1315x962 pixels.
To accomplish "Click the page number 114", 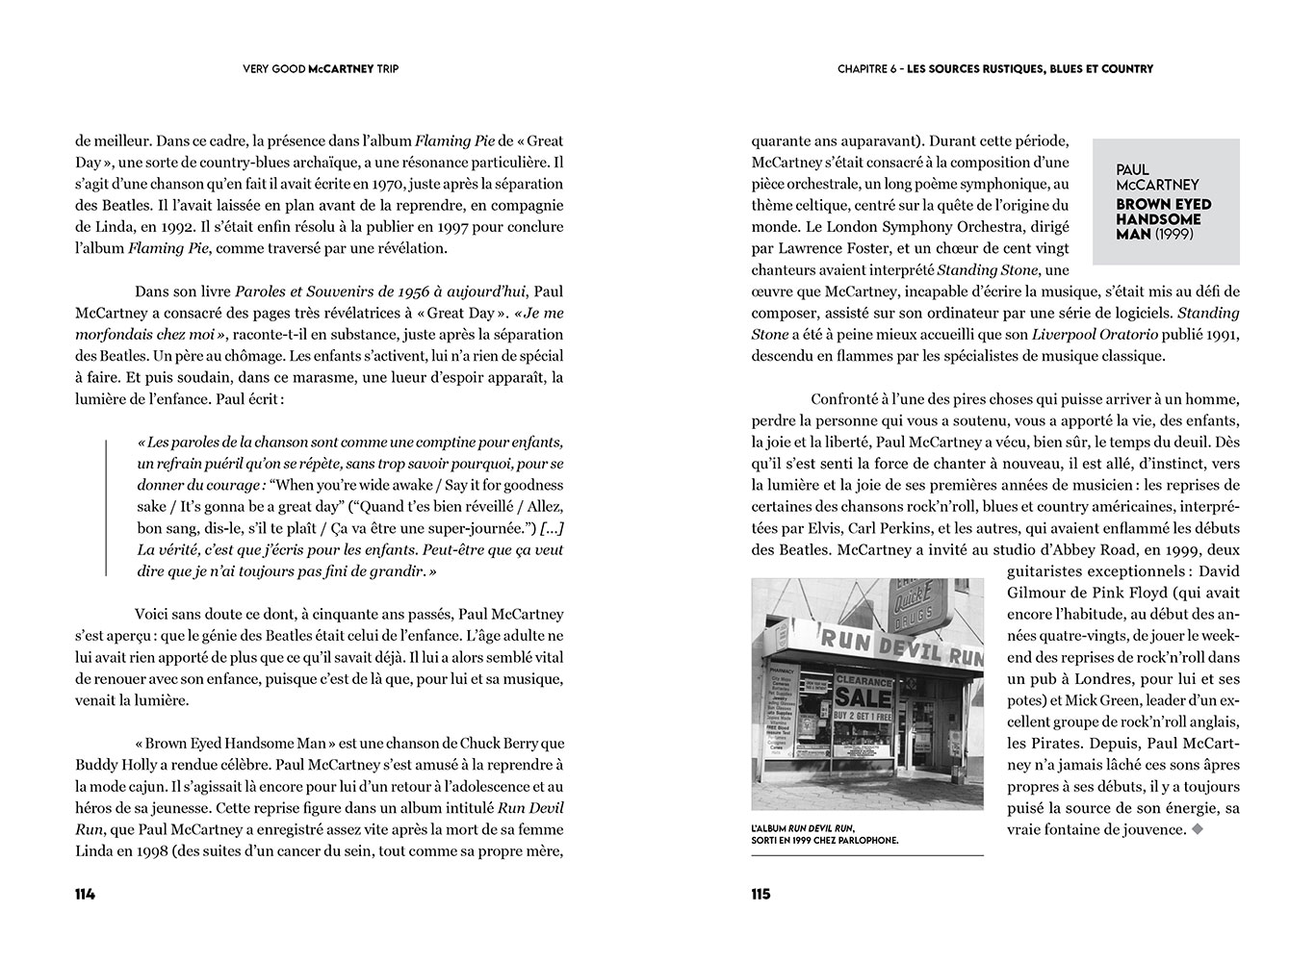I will [x=85, y=894].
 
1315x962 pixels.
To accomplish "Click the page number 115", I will [x=761, y=894].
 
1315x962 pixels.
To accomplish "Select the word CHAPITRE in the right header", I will [x=864, y=69].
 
